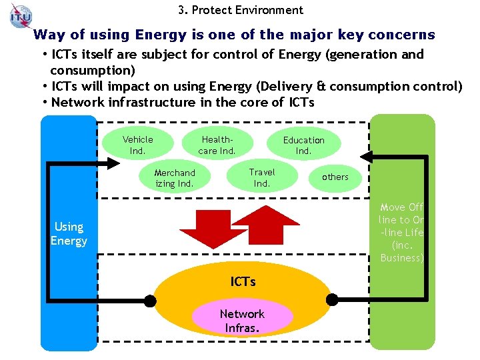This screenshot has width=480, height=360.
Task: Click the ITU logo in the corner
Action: coord(21,15)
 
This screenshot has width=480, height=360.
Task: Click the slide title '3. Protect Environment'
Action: coord(241,10)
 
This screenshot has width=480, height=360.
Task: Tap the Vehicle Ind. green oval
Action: coord(137,145)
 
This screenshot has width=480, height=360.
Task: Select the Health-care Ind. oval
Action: coord(217,145)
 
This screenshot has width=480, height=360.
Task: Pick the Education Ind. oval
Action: coord(303,145)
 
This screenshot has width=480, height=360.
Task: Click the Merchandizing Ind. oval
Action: coord(175,178)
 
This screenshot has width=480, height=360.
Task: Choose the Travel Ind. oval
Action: coord(262,177)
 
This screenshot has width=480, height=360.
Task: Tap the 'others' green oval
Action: coord(335,177)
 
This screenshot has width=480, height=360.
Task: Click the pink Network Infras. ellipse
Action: coord(242,320)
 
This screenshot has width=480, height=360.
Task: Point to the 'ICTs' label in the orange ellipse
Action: coord(243,281)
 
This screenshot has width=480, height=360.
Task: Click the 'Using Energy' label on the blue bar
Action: coord(69,233)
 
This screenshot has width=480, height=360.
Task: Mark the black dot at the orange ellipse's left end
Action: coord(150,301)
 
